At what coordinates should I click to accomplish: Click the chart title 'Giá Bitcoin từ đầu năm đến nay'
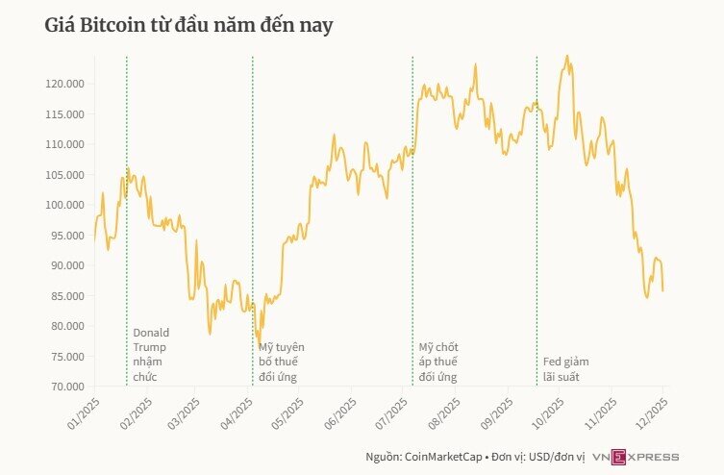(189, 26)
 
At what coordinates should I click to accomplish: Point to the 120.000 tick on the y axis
(65, 84)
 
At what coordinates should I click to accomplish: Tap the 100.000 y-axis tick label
(65, 205)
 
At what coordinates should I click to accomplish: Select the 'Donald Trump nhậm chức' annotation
(150, 354)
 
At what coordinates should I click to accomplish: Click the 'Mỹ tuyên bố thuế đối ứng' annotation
(281, 361)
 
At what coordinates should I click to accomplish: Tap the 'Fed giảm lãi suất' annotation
(565, 368)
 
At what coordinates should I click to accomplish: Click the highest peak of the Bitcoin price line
(567, 56)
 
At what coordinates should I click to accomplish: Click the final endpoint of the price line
(663, 290)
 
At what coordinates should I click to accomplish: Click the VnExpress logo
(636, 457)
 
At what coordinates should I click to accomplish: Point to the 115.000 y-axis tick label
(65, 114)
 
